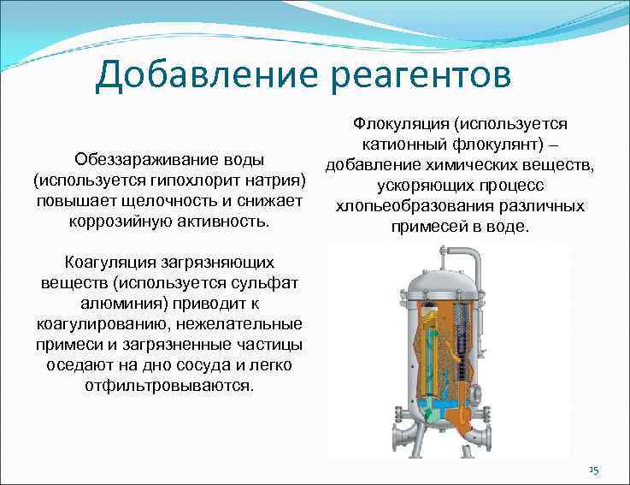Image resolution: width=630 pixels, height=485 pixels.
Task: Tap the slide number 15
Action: pos(594,470)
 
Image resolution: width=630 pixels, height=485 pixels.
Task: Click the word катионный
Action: pos(401,145)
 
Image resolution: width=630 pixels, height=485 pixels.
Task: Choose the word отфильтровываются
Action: pos(169,386)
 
